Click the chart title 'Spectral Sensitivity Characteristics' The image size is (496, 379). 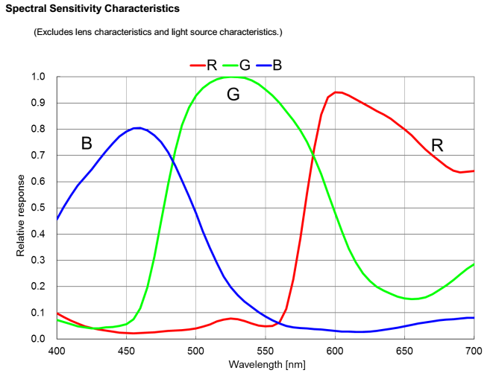92,9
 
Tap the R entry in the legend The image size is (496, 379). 211,65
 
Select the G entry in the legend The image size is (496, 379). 244,65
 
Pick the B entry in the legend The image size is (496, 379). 277,65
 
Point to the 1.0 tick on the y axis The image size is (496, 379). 37,77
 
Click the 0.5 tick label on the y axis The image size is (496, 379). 37,208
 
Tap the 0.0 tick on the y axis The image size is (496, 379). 37,339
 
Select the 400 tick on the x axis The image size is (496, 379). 57,349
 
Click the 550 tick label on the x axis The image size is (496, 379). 266,349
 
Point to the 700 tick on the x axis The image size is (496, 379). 474,349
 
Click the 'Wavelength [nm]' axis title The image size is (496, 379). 266,364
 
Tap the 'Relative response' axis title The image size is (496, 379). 21,216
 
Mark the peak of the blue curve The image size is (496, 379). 137,128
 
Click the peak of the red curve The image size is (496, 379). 336,92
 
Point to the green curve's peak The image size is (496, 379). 232,77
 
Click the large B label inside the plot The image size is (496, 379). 87,143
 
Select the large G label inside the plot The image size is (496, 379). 233,95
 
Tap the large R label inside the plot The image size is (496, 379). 437,145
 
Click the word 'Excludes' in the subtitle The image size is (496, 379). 54,33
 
